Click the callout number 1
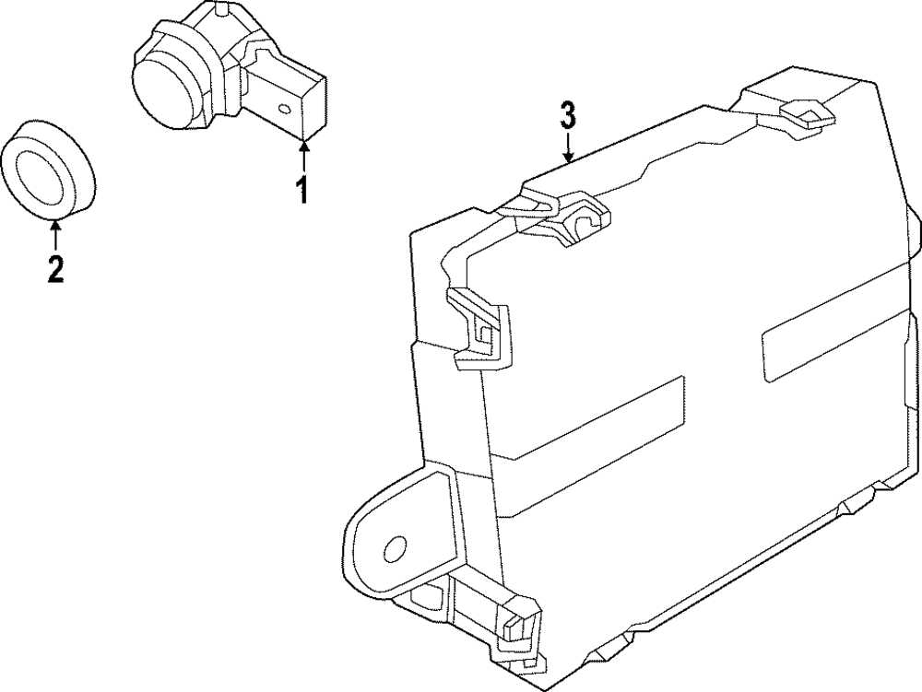301,190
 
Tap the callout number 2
55,268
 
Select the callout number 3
568,116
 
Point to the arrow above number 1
303,153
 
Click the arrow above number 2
56,230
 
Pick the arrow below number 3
569,147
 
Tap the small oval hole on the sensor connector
285,110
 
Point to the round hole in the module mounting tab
394,550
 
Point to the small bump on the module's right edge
914,226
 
